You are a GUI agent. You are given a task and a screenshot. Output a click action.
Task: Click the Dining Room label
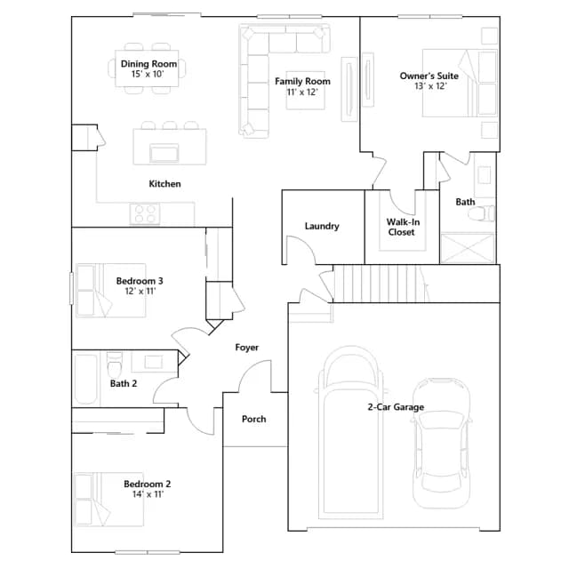148,64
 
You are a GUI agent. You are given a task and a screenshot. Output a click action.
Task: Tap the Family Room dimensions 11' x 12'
302,92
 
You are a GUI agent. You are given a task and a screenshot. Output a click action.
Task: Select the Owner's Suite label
429,76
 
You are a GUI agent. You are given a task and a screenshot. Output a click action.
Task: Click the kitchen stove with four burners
145,213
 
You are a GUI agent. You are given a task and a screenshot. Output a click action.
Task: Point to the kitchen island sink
164,153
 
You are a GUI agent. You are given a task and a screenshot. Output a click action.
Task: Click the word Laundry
322,226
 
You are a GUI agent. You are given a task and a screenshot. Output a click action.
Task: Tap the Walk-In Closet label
403,227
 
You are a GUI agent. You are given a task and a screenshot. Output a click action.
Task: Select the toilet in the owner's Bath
482,213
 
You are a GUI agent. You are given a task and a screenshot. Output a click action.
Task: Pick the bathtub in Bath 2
86,379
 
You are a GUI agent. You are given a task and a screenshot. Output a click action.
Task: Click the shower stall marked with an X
468,248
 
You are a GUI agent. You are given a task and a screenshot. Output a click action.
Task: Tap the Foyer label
247,348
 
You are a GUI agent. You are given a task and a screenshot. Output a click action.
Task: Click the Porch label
253,419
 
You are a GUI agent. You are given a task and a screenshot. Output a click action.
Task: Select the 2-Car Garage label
396,407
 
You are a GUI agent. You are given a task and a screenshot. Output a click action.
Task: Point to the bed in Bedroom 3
111,291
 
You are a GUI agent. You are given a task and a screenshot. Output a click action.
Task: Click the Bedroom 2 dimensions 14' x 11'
148,494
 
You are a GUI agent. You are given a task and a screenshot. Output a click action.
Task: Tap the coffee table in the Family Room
305,91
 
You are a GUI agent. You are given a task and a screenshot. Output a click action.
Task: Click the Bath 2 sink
154,362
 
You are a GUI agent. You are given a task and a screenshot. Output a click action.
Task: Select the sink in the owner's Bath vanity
484,176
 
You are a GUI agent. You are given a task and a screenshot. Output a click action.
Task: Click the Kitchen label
164,184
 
